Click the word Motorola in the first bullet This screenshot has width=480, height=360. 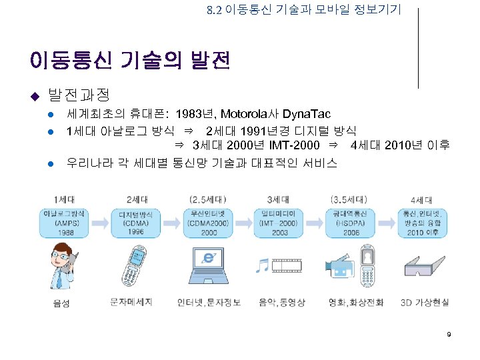243,114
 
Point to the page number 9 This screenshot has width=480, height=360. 449,333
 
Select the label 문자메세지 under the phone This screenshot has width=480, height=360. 132,302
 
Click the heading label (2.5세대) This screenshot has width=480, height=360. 208,199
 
